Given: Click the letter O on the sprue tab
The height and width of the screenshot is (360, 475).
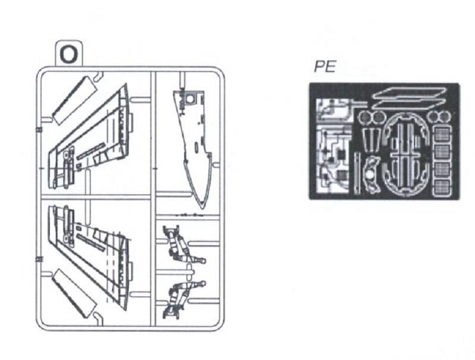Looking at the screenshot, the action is pos(69,54).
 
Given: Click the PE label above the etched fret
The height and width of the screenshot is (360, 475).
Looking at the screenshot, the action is pos(325,67).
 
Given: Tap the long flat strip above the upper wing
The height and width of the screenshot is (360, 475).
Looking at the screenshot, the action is pos(75,100).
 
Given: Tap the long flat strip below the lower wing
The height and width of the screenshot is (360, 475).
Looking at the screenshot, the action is pos(75,294).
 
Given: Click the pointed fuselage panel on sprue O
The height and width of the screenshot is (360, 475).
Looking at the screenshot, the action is pos(194,146).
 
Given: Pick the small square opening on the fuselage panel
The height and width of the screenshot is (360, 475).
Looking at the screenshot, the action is pos(190,99).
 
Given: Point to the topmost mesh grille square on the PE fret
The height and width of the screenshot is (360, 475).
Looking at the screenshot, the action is pos(443,133).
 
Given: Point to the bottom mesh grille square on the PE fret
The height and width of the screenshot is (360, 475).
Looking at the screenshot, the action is pos(443,188).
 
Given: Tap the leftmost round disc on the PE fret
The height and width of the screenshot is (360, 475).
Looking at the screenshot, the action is pos(364,117).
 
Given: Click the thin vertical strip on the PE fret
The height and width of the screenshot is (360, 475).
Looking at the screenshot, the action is pos(357,173).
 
